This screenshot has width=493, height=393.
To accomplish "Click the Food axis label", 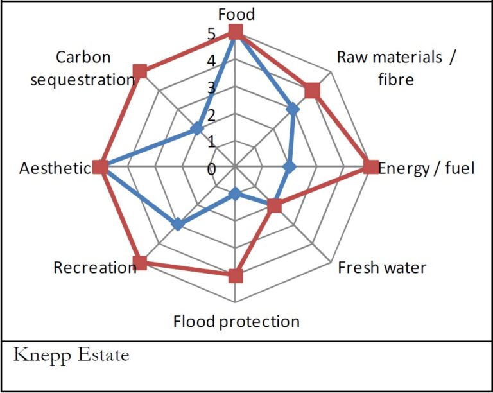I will click(x=236, y=14).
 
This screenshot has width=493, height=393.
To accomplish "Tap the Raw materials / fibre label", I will click(x=396, y=68).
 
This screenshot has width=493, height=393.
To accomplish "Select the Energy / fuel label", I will click(x=427, y=168).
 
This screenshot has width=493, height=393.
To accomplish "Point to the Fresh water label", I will click(x=382, y=267).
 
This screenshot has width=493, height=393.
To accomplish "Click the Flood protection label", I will click(x=236, y=321).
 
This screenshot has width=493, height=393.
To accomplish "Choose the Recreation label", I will click(x=95, y=267).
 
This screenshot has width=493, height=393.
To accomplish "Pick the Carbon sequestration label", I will click(x=83, y=68).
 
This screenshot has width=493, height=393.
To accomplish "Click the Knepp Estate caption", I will click(x=71, y=354).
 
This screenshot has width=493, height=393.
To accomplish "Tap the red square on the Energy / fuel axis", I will click(x=370, y=168).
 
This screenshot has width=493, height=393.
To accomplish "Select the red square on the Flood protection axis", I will click(x=236, y=276).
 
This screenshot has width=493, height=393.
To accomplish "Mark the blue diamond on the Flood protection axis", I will click(x=236, y=194).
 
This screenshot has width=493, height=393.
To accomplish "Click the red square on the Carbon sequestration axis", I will click(x=141, y=71).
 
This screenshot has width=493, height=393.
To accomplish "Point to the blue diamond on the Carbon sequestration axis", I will click(x=197, y=130).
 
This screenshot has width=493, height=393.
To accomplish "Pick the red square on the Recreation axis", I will click(x=141, y=263).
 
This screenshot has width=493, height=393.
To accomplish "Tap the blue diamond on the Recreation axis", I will click(x=178, y=224).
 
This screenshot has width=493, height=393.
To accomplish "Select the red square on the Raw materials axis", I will click(x=312, y=91).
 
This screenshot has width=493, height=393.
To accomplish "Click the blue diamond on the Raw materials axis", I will click(x=293, y=110).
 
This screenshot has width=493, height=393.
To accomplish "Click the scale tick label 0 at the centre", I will click(x=212, y=169).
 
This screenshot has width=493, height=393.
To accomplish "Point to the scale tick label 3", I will click(x=212, y=88).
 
